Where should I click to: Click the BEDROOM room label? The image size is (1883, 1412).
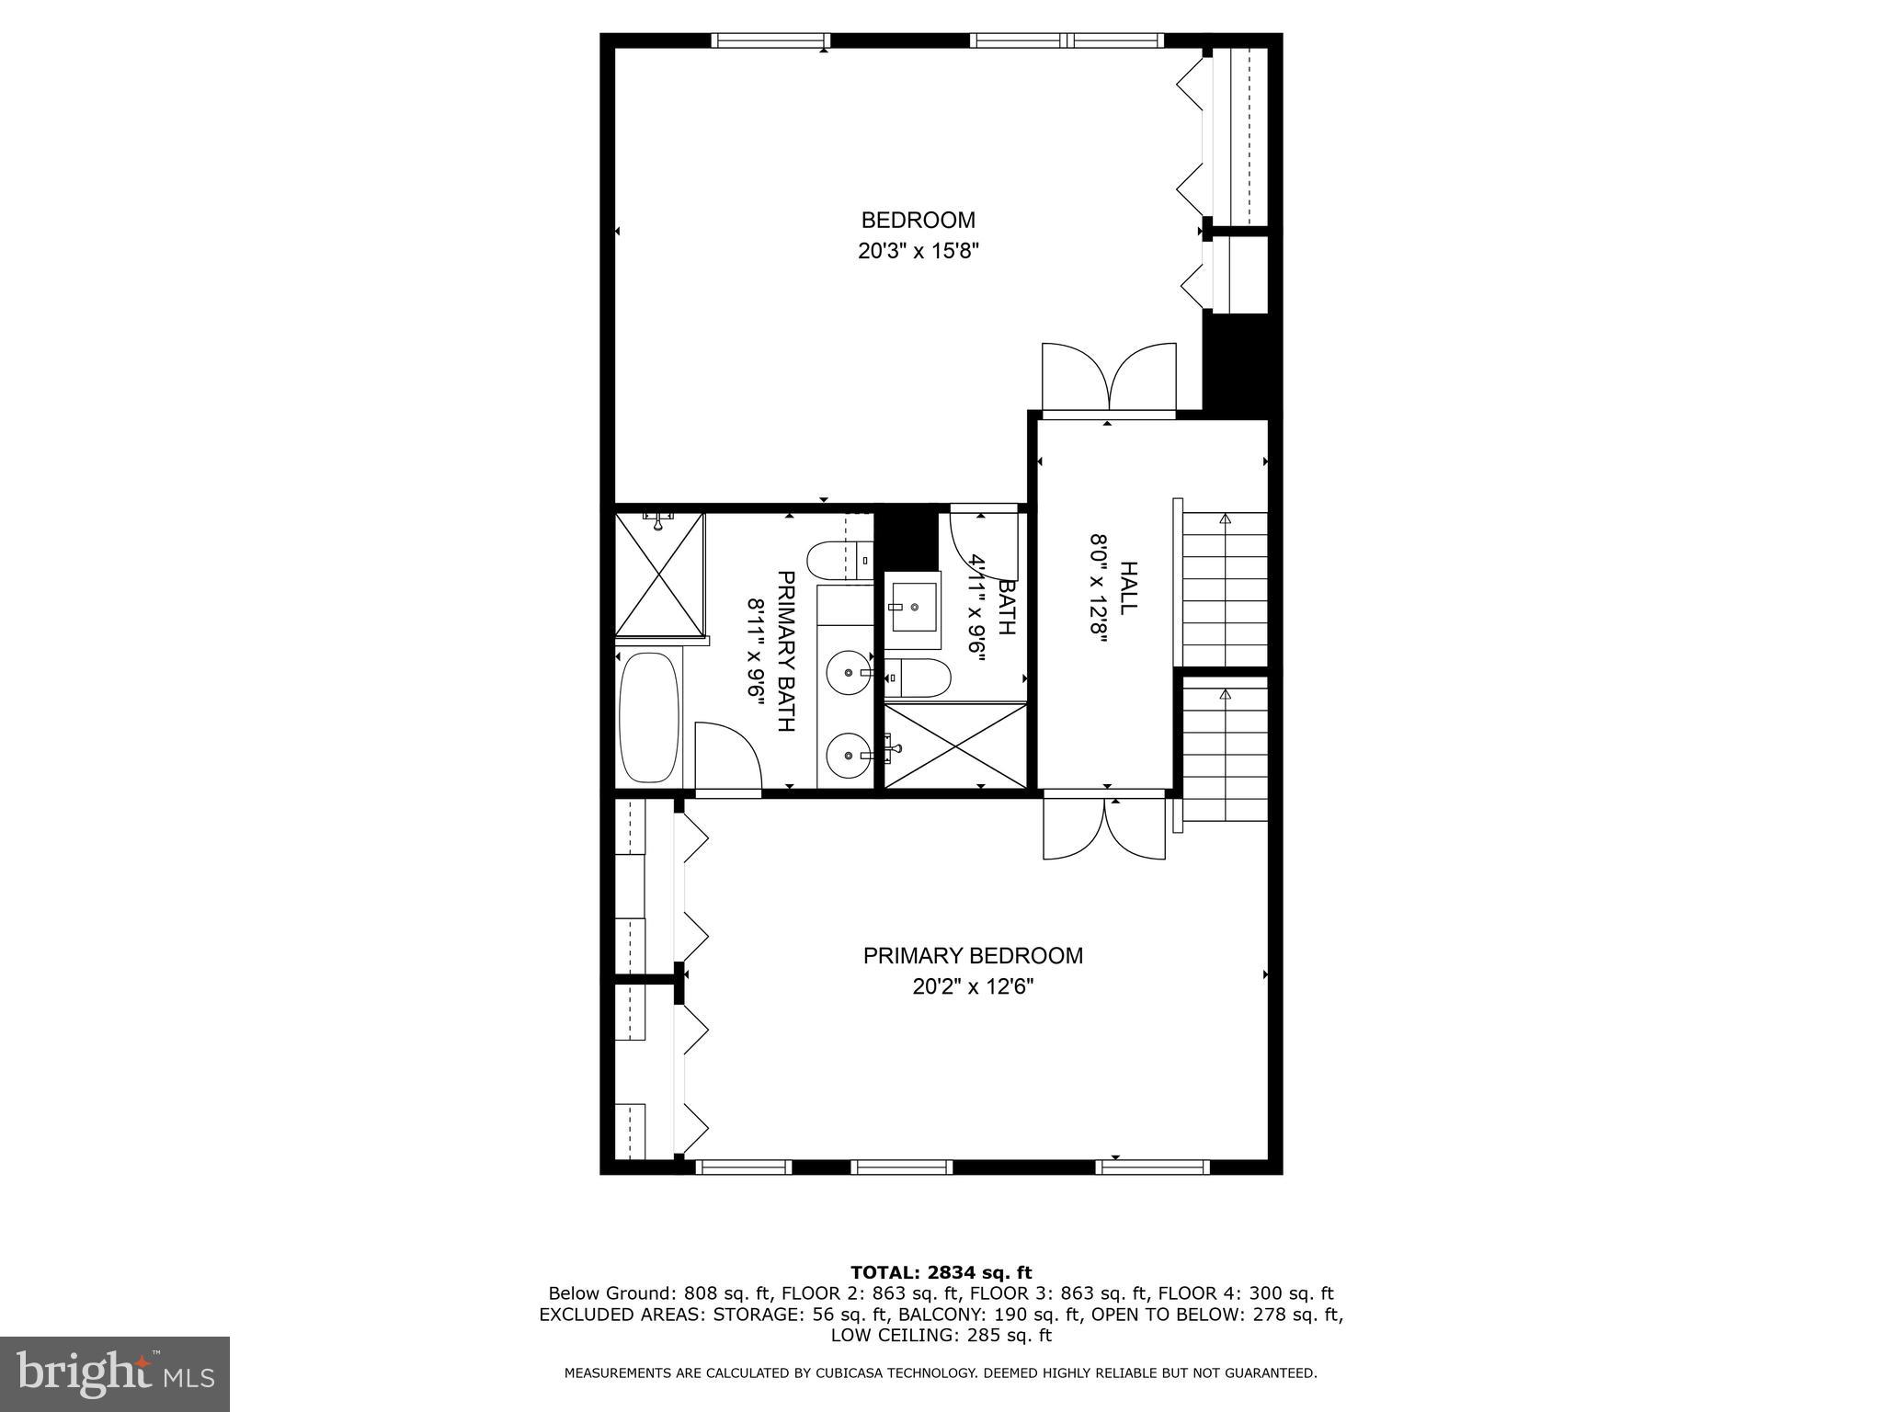pos(917,221)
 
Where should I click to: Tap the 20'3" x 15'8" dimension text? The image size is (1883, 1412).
pos(917,252)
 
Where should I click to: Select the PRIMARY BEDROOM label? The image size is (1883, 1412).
pos(972,956)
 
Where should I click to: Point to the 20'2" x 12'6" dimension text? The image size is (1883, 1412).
pos(972,987)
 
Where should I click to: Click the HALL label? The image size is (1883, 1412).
pos(1128,588)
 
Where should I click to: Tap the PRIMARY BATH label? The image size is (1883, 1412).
pos(785,651)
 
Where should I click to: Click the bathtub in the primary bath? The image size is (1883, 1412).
pos(649,717)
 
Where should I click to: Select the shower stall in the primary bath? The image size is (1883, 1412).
pos(658,575)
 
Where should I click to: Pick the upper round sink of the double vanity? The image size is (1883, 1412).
pos(847,673)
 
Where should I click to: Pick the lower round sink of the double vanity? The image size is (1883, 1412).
pos(847,756)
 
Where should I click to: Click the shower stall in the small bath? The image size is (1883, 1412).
pos(954,746)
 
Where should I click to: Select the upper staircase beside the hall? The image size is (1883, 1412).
pos(1224,588)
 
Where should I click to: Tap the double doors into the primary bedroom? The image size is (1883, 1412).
pos(1104,827)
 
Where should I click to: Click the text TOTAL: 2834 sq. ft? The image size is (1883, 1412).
pos(941,1273)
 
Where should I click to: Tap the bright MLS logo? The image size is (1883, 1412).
pos(114,1375)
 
